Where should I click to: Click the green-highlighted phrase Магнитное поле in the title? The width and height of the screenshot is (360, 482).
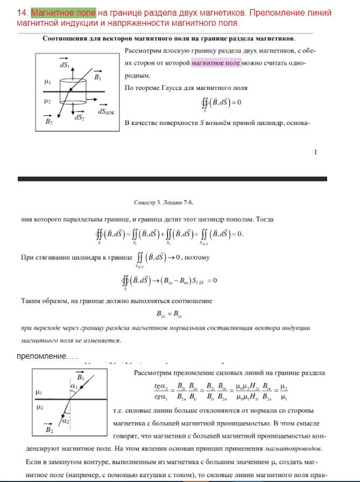click(x=63, y=12)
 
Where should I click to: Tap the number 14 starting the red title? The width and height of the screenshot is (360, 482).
click(x=23, y=12)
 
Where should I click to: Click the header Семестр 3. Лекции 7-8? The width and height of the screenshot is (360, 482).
click(x=163, y=202)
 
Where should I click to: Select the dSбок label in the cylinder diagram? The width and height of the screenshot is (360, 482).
click(x=107, y=111)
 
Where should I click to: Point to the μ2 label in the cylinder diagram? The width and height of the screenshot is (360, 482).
click(x=47, y=101)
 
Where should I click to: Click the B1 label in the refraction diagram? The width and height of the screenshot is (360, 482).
click(x=80, y=378)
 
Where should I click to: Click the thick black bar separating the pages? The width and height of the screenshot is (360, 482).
click(x=172, y=178)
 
